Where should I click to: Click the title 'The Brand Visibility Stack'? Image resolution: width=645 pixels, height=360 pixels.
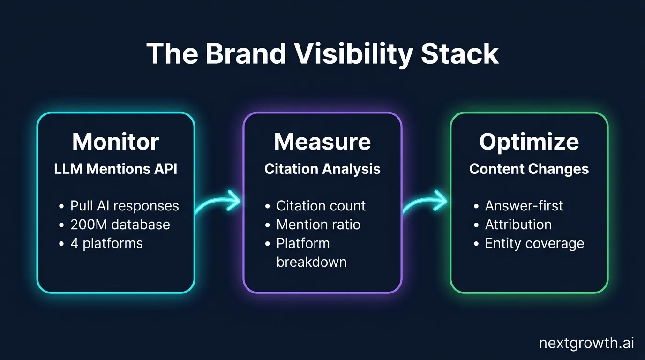click(322, 54)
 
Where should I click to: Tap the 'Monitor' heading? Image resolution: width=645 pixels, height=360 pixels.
click(116, 142)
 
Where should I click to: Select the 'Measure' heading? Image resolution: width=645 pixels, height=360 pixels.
click(322, 142)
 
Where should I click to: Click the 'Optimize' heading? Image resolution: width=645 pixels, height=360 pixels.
click(529, 142)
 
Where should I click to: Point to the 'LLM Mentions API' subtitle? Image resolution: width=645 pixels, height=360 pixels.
click(116, 169)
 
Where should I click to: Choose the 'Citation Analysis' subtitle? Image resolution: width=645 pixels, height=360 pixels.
click(322, 169)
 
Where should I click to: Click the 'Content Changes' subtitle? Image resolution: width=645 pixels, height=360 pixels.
click(529, 169)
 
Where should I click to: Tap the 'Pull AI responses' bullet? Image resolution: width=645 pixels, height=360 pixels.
click(124, 206)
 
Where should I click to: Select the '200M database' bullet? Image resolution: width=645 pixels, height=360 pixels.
click(120, 225)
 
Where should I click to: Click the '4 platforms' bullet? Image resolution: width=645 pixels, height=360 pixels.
click(106, 243)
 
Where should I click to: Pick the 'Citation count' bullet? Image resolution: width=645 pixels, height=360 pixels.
click(321, 206)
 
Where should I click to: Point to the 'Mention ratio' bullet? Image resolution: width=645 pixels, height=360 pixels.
click(318, 225)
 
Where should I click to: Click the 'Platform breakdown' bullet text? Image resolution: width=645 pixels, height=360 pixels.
click(311, 253)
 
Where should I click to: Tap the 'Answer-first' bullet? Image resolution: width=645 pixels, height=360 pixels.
click(524, 206)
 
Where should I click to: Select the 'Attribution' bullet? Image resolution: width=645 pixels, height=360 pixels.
click(518, 225)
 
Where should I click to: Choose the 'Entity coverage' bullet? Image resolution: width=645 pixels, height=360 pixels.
click(534, 243)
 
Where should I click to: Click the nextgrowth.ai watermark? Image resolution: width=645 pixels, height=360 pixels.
click(586, 343)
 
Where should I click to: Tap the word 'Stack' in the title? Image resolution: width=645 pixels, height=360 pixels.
click(459, 54)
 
